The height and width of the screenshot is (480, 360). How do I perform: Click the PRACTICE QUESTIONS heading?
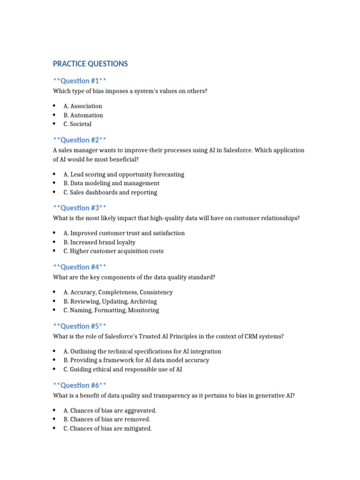pyautogui.click(x=90, y=64)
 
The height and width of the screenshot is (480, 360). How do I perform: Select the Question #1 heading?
pyautogui.click(x=82, y=81)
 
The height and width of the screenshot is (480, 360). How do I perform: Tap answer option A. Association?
pyautogui.click(x=82, y=106)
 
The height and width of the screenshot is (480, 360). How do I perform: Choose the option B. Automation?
pyautogui.click(x=83, y=115)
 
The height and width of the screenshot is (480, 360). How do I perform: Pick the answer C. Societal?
pyautogui.click(x=77, y=124)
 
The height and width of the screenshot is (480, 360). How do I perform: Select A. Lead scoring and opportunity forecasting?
pyautogui.click(x=124, y=174)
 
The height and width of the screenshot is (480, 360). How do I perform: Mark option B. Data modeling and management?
pyautogui.click(x=111, y=183)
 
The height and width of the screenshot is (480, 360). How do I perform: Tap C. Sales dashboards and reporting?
pyautogui.click(x=110, y=193)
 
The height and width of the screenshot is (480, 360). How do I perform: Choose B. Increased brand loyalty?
pyautogui.click(x=99, y=242)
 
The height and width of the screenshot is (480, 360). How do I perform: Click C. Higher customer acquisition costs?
pyautogui.click(x=113, y=251)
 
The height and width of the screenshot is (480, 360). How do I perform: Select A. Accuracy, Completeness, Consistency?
pyautogui.click(x=118, y=292)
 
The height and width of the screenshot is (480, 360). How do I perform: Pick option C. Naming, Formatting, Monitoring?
pyautogui.click(x=111, y=310)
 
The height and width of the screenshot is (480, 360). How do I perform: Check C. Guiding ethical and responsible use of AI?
pyautogui.click(x=123, y=369)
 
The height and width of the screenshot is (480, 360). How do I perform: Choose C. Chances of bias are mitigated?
pyautogui.click(x=107, y=428)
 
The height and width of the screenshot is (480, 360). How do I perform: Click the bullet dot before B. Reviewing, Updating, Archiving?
pyautogui.click(x=54, y=301)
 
